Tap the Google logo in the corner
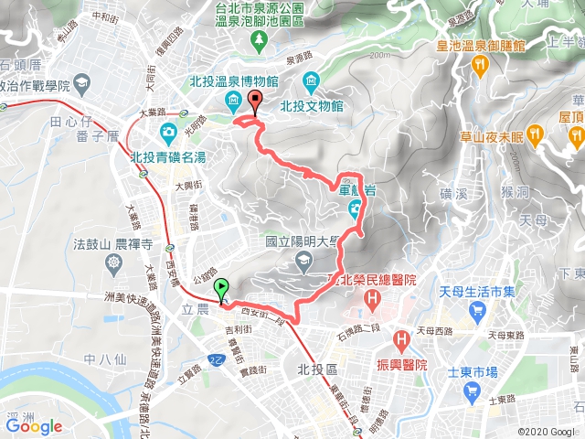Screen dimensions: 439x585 33,425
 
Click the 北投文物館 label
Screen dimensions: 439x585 352,105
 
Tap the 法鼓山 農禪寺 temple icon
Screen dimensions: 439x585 113,263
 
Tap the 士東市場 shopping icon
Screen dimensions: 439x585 472,392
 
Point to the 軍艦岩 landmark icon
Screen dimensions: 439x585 355,213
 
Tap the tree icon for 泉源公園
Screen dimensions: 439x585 260,38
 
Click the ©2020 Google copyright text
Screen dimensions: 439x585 547,430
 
